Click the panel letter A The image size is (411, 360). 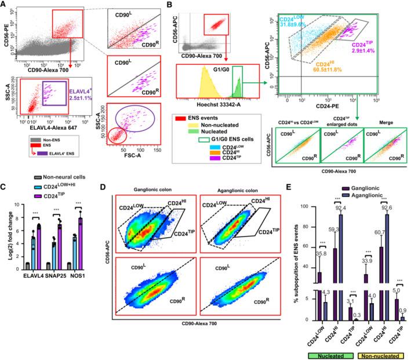point(4,5)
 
